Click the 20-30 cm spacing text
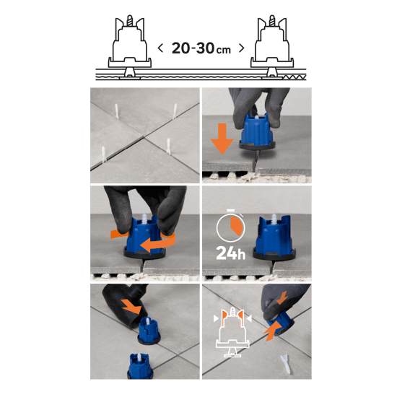[201, 48]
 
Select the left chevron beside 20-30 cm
[160, 48]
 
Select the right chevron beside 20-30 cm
[242, 48]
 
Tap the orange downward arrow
[222, 139]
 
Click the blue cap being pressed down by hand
[257, 131]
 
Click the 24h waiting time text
[231, 253]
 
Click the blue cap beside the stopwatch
[274, 237]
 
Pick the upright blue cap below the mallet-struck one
[141, 366]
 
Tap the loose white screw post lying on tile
[285, 364]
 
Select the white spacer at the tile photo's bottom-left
[103, 154]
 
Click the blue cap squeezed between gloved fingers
[281, 323]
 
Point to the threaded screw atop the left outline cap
[130, 20]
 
